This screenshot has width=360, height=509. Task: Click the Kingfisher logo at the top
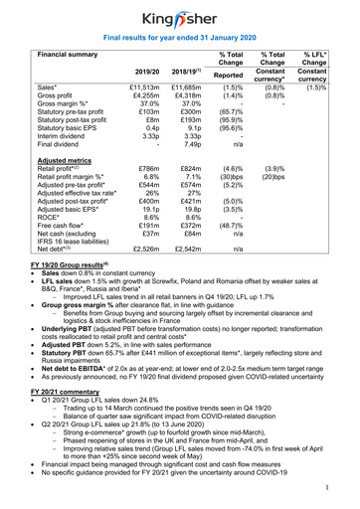tap(179, 17)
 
